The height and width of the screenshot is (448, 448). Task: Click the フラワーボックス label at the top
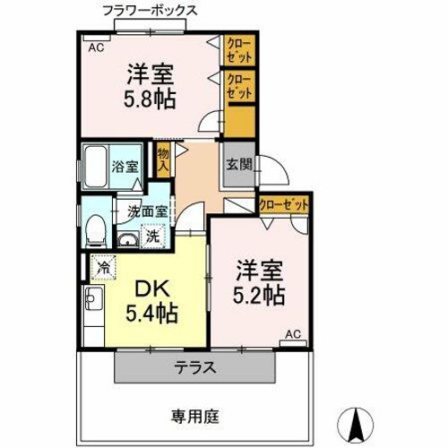tap(148, 10)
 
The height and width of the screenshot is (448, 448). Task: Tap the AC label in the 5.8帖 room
tap(95, 48)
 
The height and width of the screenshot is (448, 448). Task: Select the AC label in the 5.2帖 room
tap(292, 334)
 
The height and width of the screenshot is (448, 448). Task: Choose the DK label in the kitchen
tap(155, 289)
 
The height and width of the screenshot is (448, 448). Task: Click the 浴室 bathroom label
tap(124, 166)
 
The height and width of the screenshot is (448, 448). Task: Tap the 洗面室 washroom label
tap(146, 212)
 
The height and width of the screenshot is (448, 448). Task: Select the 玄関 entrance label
tap(237, 164)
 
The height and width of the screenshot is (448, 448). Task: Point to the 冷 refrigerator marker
tap(104, 266)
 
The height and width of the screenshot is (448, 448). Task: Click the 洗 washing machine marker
tap(152, 237)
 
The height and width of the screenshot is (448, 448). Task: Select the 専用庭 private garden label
tap(195, 415)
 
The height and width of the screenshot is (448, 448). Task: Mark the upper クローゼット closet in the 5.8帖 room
tap(237, 49)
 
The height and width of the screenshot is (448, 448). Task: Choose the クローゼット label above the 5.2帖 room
tap(284, 205)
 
